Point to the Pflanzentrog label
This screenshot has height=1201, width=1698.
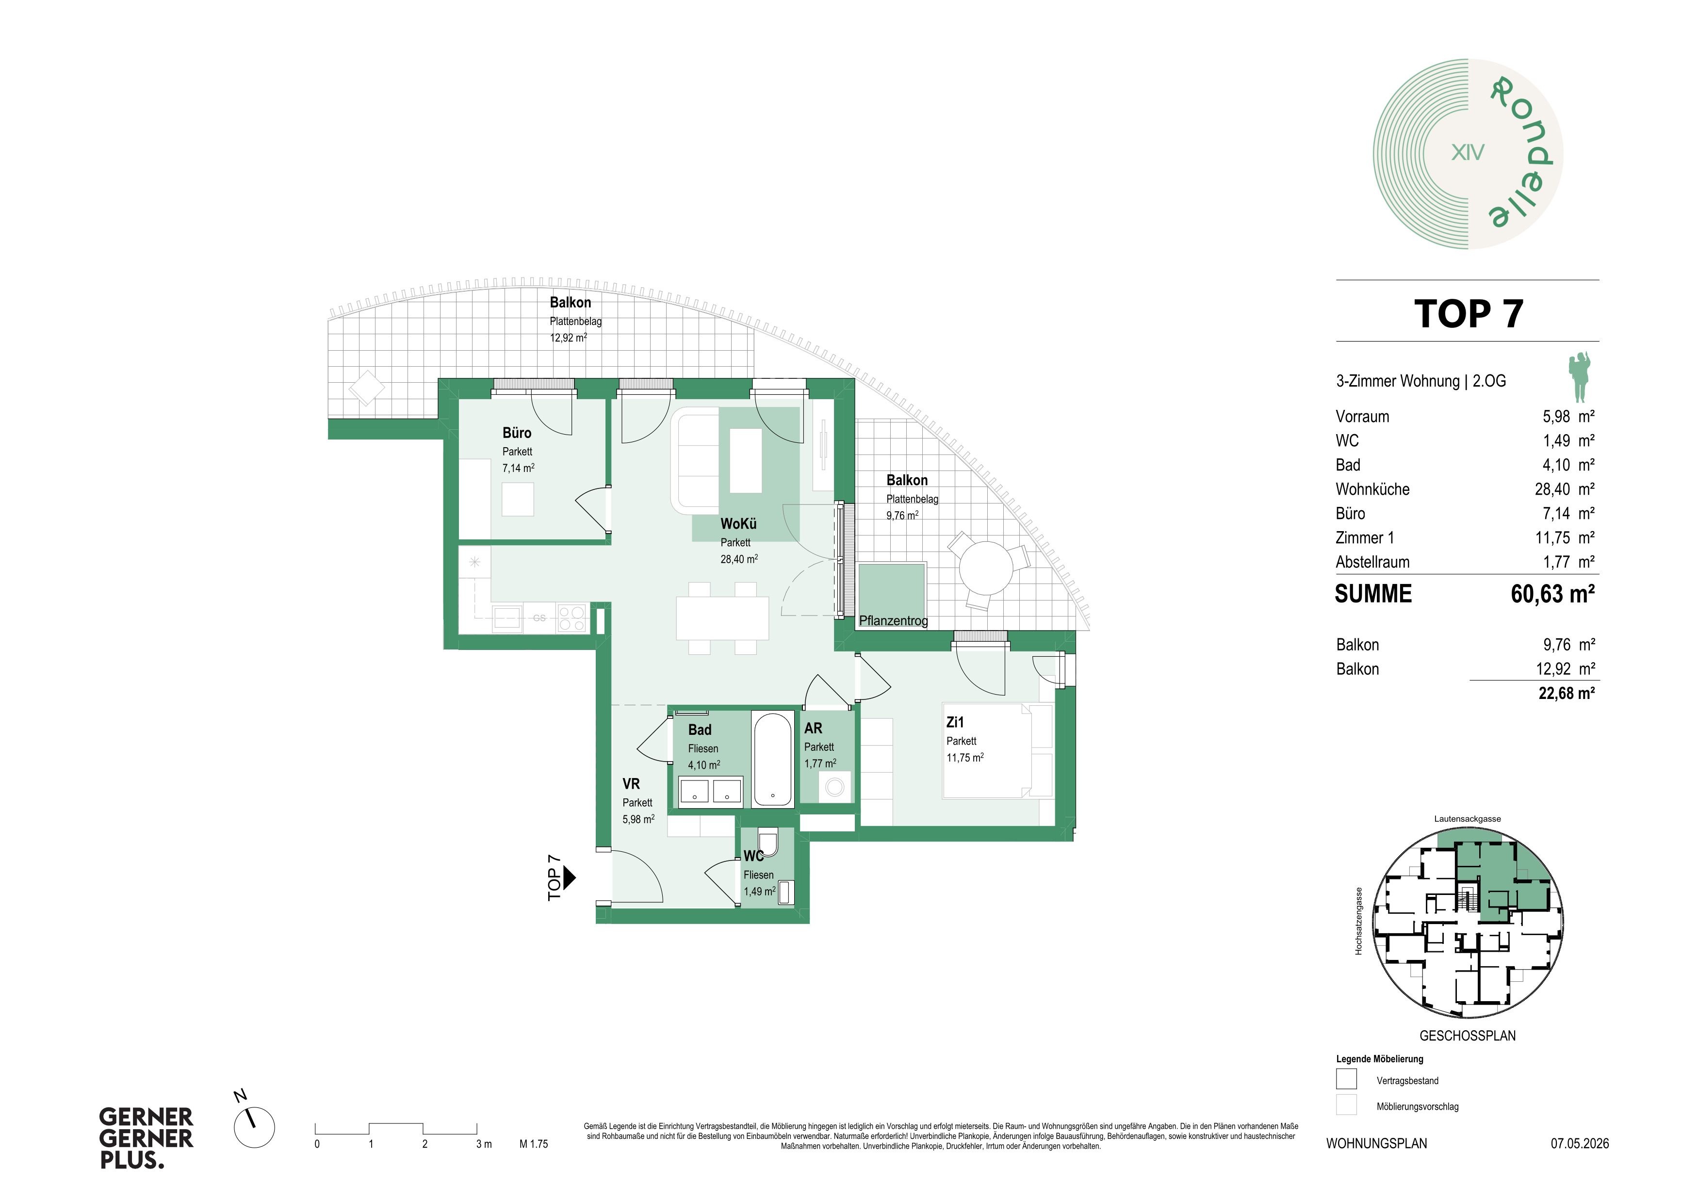click(x=893, y=620)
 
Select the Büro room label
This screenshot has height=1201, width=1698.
click(x=517, y=433)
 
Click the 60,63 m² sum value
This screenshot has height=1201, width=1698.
click(x=1552, y=594)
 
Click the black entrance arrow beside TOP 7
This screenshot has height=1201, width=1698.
click(x=570, y=878)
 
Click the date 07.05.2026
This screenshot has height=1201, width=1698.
click(x=1580, y=1143)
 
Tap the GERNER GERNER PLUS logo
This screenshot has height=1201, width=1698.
click(x=147, y=1138)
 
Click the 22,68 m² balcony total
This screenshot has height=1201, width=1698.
click(x=1567, y=693)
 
